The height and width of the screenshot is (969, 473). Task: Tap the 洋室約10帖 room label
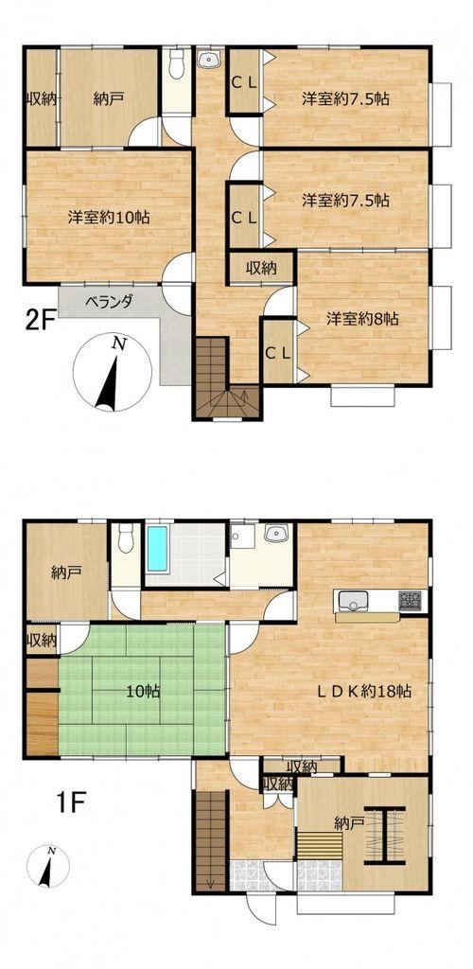(x=109, y=218)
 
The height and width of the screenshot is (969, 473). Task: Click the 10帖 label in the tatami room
(x=143, y=692)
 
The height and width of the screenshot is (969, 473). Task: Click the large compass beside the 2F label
(x=112, y=373)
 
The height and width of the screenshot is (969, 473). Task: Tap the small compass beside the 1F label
(x=48, y=865)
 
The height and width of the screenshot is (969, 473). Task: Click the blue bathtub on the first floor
(x=157, y=549)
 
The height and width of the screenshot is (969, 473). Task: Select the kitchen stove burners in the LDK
(x=410, y=599)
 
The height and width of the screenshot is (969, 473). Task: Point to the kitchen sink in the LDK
(x=351, y=599)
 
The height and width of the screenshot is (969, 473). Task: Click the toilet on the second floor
(x=177, y=64)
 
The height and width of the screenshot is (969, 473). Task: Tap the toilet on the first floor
(x=126, y=537)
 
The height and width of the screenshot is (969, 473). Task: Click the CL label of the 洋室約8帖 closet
(x=277, y=353)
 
